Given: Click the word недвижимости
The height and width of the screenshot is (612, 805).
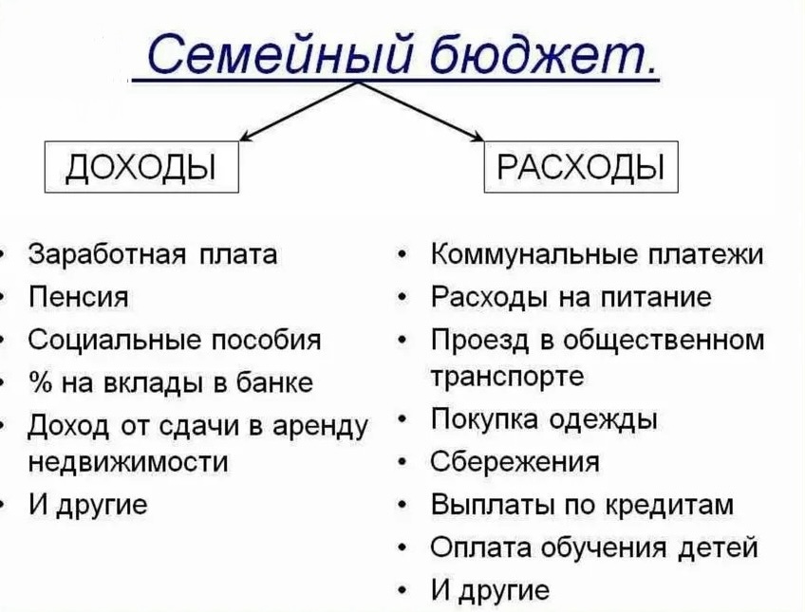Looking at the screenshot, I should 128,462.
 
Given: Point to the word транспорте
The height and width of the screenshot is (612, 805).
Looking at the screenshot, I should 507,377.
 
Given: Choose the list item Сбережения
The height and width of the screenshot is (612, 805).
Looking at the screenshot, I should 515,462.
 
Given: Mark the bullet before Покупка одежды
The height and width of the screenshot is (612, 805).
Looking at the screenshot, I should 405,420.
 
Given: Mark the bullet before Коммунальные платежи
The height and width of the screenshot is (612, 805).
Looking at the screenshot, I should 405,256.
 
